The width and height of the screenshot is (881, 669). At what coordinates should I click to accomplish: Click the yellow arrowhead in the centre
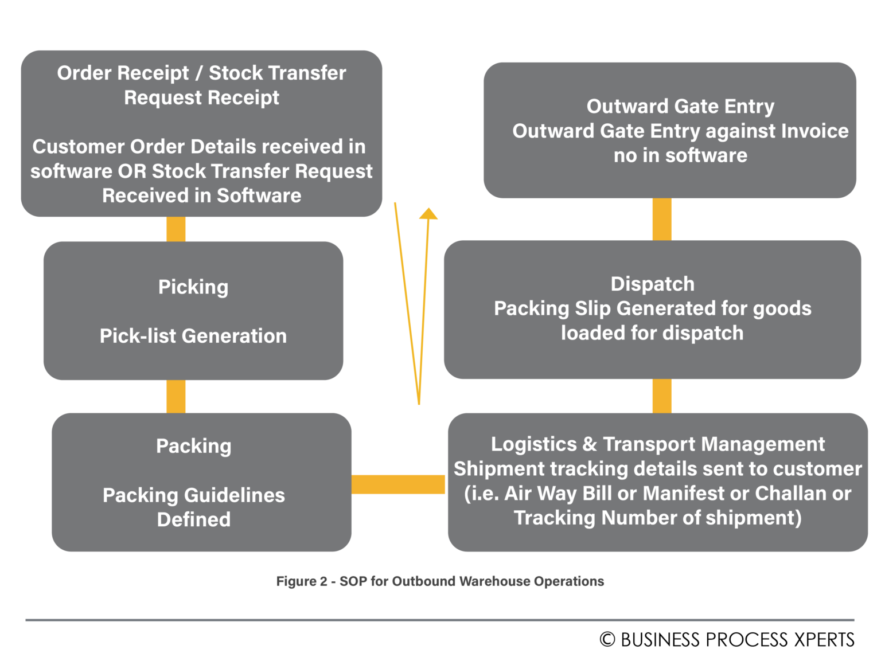[x=428, y=214]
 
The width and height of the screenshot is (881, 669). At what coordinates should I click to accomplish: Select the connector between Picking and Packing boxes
[x=176, y=396]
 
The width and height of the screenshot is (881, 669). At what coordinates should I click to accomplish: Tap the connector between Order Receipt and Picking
[x=176, y=229]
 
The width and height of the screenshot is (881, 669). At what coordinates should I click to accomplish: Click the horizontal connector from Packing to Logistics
[x=399, y=484]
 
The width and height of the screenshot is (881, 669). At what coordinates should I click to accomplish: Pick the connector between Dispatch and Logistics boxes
[x=662, y=396]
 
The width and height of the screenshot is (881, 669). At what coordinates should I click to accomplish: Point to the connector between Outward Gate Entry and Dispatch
[x=662, y=219]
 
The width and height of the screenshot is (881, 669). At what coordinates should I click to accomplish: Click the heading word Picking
[x=193, y=287]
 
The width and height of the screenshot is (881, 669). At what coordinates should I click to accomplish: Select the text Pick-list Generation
[x=193, y=336]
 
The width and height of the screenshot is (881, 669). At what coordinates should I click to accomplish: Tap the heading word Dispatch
[x=652, y=284]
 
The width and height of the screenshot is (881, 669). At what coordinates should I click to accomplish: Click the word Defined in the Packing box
[x=194, y=519]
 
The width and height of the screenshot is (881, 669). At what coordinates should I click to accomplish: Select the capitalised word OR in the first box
[x=132, y=171]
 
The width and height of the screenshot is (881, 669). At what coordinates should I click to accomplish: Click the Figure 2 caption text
[x=440, y=581]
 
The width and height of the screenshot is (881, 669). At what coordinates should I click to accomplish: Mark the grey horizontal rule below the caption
[x=440, y=620]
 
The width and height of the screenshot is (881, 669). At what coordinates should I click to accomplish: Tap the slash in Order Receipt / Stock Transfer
[x=198, y=73]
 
